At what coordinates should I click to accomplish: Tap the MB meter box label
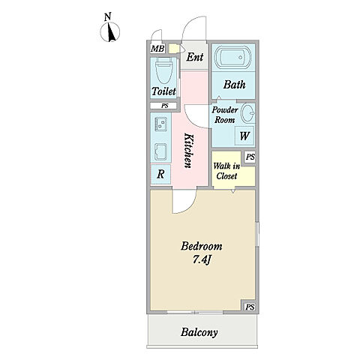click(x=157, y=49)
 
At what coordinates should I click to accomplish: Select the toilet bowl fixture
click(x=163, y=70)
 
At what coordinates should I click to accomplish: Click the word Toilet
click(x=163, y=91)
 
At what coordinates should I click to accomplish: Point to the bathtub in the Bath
click(x=232, y=57)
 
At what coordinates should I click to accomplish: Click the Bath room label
click(x=234, y=85)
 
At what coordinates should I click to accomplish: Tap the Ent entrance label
click(x=195, y=57)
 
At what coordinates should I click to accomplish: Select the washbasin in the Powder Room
click(x=247, y=112)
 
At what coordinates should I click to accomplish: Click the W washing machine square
click(x=244, y=136)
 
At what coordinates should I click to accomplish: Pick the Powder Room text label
click(x=225, y=115)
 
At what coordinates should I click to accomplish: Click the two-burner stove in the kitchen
click(x=161, y=124)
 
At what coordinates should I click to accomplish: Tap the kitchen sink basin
click(x=160, y=152)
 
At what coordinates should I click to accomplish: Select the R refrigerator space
click(x=160, y=174)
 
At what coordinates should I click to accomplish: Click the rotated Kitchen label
click(x=188, y=151)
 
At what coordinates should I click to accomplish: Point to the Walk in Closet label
click(x=226, y=171)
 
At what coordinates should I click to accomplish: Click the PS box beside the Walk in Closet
click(x=250, y=157)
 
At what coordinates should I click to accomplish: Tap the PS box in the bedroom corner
click(x=250, y=307)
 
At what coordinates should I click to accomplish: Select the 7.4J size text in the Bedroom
click(x=202, y=259)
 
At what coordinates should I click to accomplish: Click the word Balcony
click(x=199, y=332)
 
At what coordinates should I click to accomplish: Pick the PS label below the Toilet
click(x=164, y=106)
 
